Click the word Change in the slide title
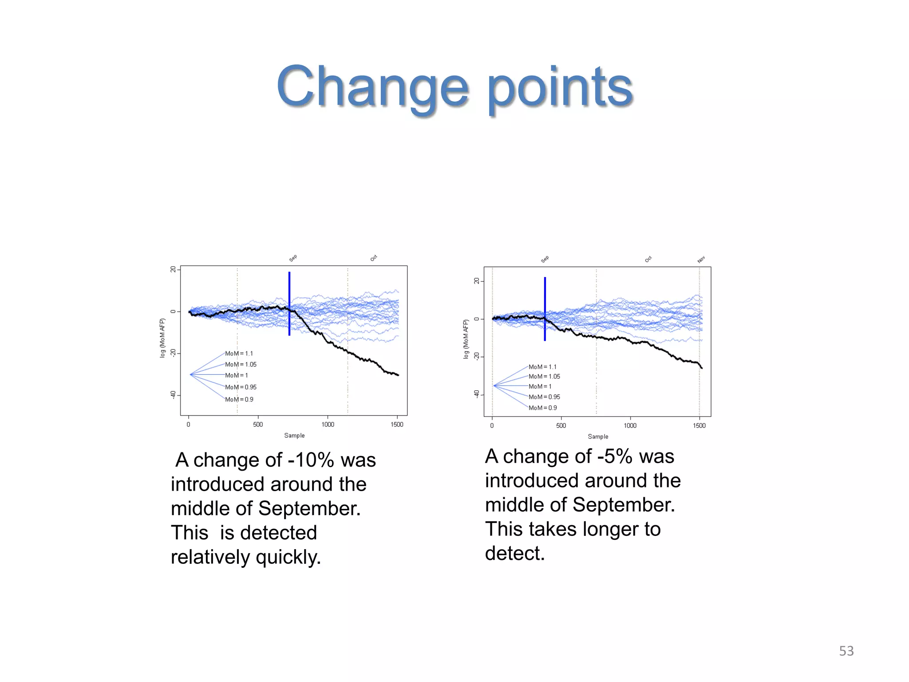pos(372,87)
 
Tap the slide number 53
pos(846,651)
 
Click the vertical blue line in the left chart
pos(289,304)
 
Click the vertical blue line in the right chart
pos(545,309)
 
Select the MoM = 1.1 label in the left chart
pos(239,353)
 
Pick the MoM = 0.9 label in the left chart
pos(239,400)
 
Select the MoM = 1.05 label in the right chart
pos(544,377)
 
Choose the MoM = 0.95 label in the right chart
pos(544,397)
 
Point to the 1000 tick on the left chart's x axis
pos(328,424)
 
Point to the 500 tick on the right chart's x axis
pos(561,425)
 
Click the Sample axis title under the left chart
pos(294,436)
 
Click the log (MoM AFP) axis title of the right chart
pos(466,339)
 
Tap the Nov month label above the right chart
pos(701,260)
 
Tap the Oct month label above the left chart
pos(374,258)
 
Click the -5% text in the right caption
pos(614,456)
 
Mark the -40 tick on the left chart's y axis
pos(173,395)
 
